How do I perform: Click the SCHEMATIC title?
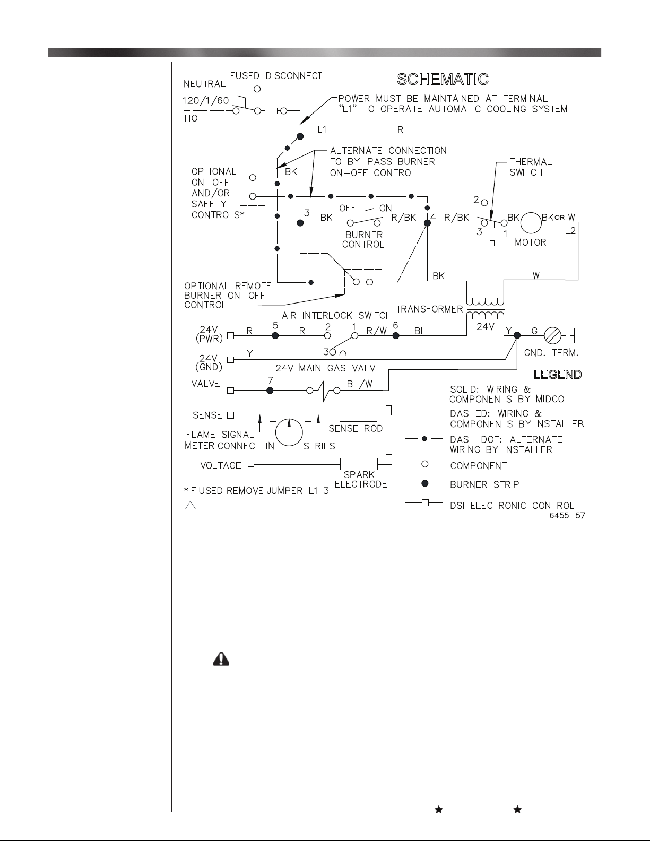coord(443,80)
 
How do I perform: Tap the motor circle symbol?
coord(531,223)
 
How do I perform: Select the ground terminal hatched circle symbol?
coord(552,335)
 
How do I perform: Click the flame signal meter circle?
coord(289,432)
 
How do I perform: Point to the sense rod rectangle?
coord(358,415)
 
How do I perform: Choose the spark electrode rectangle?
coord(359,464)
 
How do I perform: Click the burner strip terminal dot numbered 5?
coord(275,335)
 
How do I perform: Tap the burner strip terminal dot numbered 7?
coord(270,391)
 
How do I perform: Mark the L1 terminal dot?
coord(300,136)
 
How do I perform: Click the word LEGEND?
coord(558,375)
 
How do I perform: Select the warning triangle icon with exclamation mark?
coord(221,658)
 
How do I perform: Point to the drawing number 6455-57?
coord(567,516)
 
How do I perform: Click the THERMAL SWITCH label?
coord(531,167)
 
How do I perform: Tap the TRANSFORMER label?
coord(429,309)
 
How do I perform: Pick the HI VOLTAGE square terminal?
coord(251,464)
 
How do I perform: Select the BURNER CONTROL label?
coord(363,240)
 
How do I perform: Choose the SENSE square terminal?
coord(231,415)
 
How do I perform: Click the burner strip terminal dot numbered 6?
coord(395,335)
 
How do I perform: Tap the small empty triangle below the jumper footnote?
coord(190,506)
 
